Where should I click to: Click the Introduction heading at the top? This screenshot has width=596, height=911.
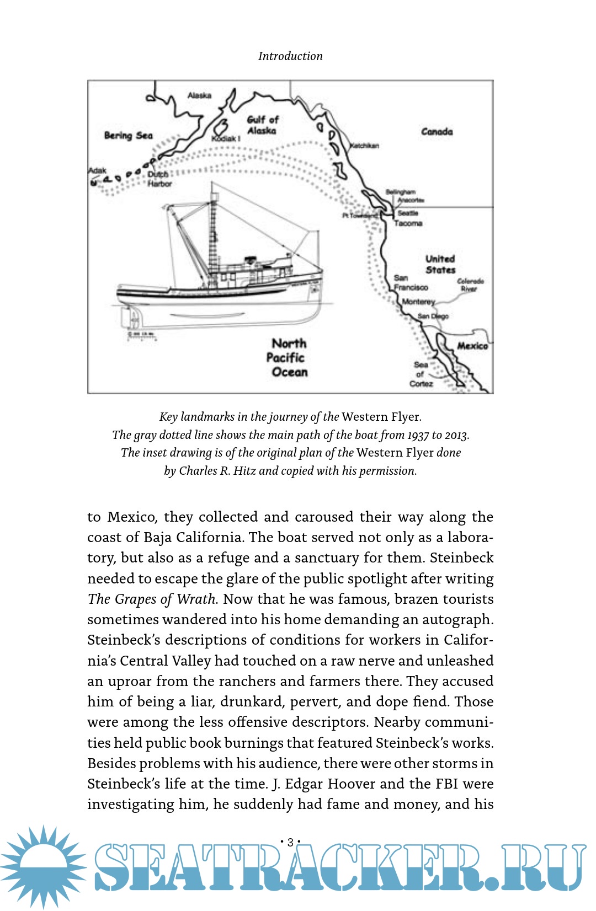(290, 56)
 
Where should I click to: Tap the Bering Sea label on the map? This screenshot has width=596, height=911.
(128, 136)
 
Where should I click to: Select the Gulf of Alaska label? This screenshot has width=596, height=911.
(262, 125)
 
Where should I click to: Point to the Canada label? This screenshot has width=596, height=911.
(437, 132)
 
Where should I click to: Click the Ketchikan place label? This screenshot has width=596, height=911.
(365, 146)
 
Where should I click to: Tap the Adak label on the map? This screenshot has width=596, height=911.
(97, 170)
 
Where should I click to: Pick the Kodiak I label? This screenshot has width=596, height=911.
(226, 138)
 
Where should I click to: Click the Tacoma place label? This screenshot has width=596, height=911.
(408, 223)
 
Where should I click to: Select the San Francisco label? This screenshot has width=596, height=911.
(411, 283)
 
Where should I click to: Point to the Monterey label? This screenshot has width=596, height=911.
(418, 302)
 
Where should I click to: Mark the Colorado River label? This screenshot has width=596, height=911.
(470, 285)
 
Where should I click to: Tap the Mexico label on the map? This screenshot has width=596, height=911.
(472, 346)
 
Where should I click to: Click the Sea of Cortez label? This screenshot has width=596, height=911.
(421, 374)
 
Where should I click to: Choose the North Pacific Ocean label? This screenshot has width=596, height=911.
(288, 358)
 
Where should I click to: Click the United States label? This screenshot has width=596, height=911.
(440, 265)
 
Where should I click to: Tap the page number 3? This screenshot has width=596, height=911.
(290, 842)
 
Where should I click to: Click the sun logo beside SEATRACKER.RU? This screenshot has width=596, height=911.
(43, 867)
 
